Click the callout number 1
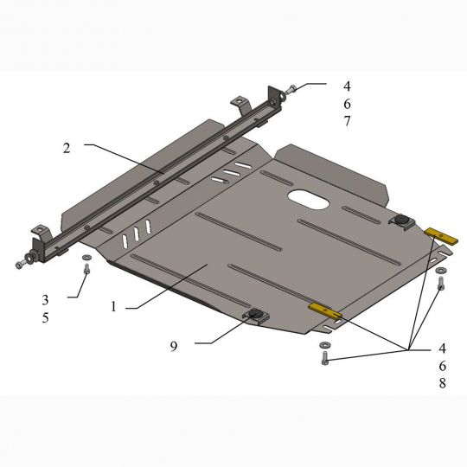(113, 306)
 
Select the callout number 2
(67, 148)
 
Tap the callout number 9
(174, 346)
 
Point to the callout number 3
(45, 300)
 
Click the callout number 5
(45, 317)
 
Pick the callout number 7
(347, 121)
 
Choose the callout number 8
(443, 383)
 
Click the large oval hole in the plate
(308, 199)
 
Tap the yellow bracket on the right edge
(441, 236)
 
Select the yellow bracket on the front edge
(325, 310)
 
